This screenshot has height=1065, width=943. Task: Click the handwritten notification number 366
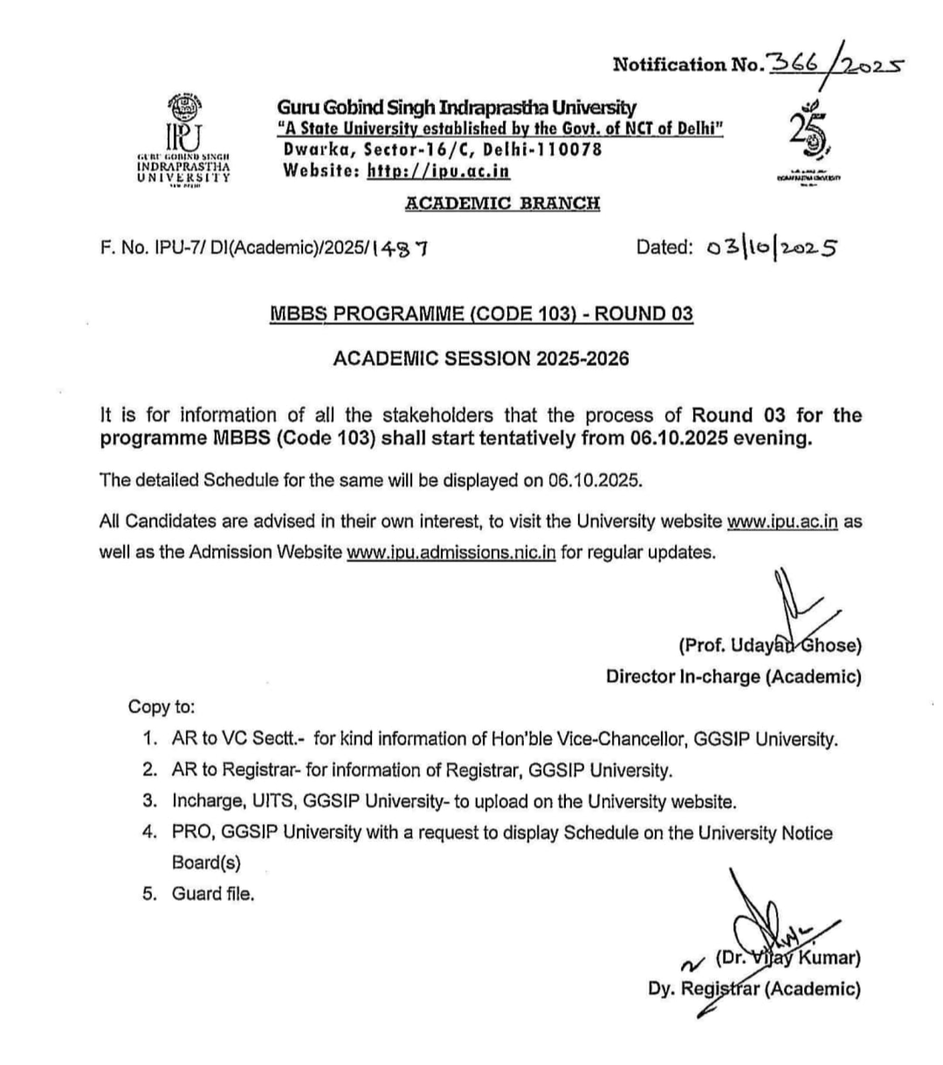coord(791,65)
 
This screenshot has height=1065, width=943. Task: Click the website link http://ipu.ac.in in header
coord(438,171)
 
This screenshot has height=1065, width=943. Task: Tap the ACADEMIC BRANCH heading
coord(502,203)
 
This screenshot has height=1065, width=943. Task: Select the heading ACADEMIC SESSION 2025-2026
coord(481,358)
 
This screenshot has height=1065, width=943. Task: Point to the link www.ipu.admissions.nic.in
coord(451,552)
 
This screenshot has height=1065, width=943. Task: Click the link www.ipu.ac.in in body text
coord(782,522)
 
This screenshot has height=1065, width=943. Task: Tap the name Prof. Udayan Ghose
coord(770,646)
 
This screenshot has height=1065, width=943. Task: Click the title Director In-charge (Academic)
coord(733,677)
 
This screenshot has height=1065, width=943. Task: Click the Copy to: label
coord(161,707)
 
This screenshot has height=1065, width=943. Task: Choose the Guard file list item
coord(213,894)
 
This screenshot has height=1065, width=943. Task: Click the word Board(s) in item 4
coord(206,863)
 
